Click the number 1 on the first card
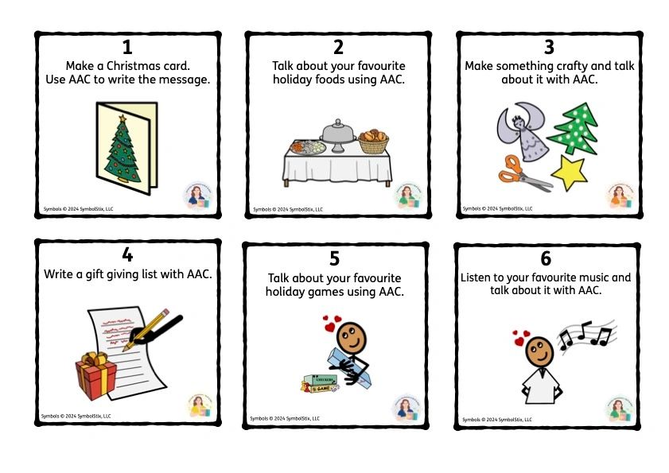click(x=126, y=48)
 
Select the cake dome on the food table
click(x=337, y=134)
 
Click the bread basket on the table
click(x=373, y=142)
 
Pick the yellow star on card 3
click(x=572, y=172)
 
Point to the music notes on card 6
click(x=585, y=335)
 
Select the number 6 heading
click(x=545, y=259)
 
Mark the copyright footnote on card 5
click(x=285, y=418)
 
